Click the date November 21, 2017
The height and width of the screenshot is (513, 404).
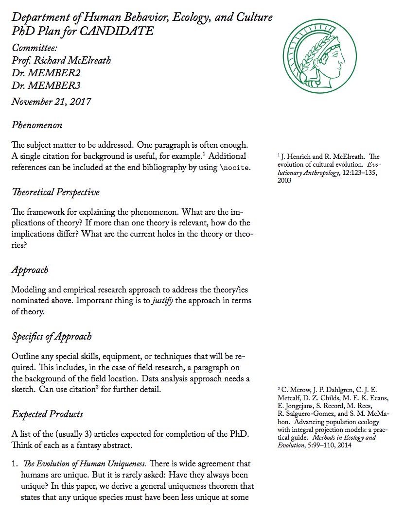point(51,102)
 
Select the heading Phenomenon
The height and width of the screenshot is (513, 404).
point(37,125)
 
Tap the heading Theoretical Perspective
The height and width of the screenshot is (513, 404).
point(55,192)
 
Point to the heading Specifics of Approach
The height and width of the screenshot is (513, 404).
point(52,337)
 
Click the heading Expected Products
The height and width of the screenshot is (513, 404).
point(47,414)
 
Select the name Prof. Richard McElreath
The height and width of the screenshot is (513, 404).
point(61,61)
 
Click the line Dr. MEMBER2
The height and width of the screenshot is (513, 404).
point(46,73)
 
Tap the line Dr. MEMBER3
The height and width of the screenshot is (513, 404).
point(46,86)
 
